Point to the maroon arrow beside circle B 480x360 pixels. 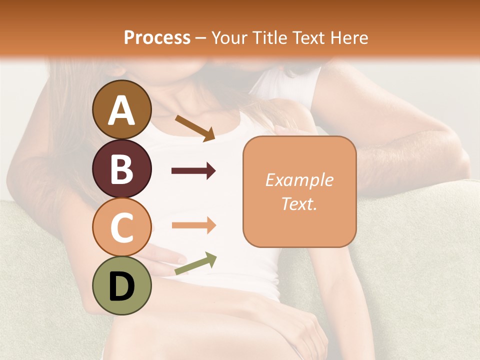[x=193, y=171]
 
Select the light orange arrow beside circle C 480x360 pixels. [x=193, y=225]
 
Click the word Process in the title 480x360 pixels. [x=157, y=38]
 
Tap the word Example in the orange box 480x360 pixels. [x=299, y=180]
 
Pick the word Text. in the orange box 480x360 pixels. [x=299, y=203]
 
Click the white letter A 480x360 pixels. [x=121, y=110]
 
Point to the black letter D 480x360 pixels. [x=121, y=286]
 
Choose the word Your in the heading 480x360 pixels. [x=229, y=38]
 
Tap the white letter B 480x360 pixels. [x=121, y=169]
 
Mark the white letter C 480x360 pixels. [x=121, y=227]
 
